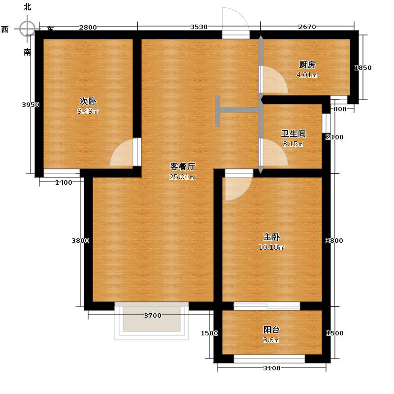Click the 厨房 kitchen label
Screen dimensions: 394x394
tap(307, 65)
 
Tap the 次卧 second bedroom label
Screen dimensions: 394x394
tap(88, 101)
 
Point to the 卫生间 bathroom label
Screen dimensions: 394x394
tap(294, 133)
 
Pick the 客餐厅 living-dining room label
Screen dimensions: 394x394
tap(183, 166)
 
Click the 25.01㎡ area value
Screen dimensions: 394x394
tap(182, 177)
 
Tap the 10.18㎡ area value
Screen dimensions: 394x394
tap(271, 247)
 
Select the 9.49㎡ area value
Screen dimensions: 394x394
tap(88, 111)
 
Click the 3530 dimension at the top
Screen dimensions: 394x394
tap(199, 27)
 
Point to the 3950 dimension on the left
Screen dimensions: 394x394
tap(31, 104)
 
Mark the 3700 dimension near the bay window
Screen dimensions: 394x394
tap(153, 316)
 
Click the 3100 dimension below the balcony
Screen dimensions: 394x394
tap(271, 368)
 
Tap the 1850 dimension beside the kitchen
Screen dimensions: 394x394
tap(363, 68)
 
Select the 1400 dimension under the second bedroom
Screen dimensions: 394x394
tap(64, 183)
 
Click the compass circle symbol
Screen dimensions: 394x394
tap(28, 29)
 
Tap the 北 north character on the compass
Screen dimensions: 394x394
tap(28, 7)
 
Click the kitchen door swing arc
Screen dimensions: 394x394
tap(275, 80)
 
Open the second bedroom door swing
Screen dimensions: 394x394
tap(122, 154)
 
